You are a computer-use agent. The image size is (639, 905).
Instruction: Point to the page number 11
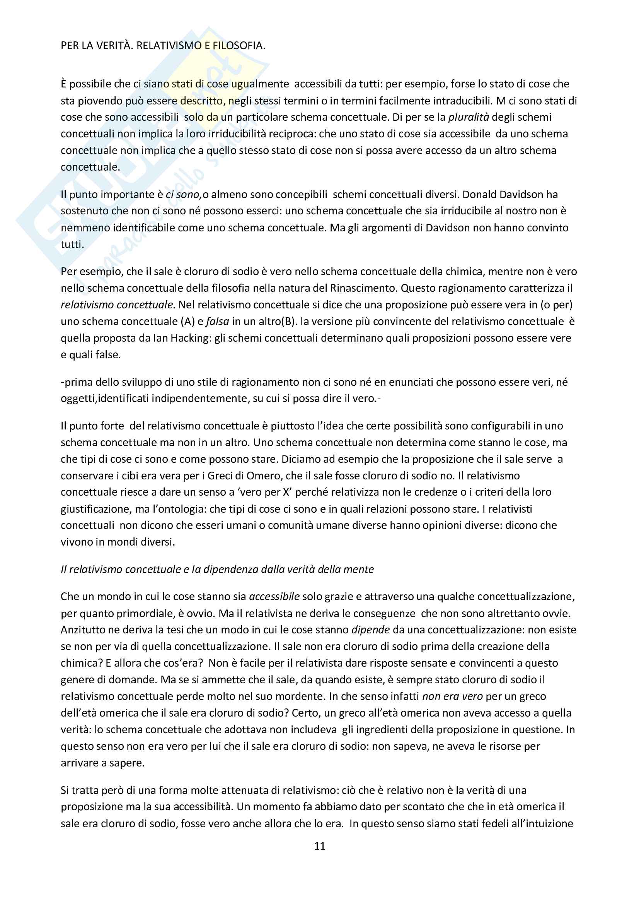click(x=320, y=846)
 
